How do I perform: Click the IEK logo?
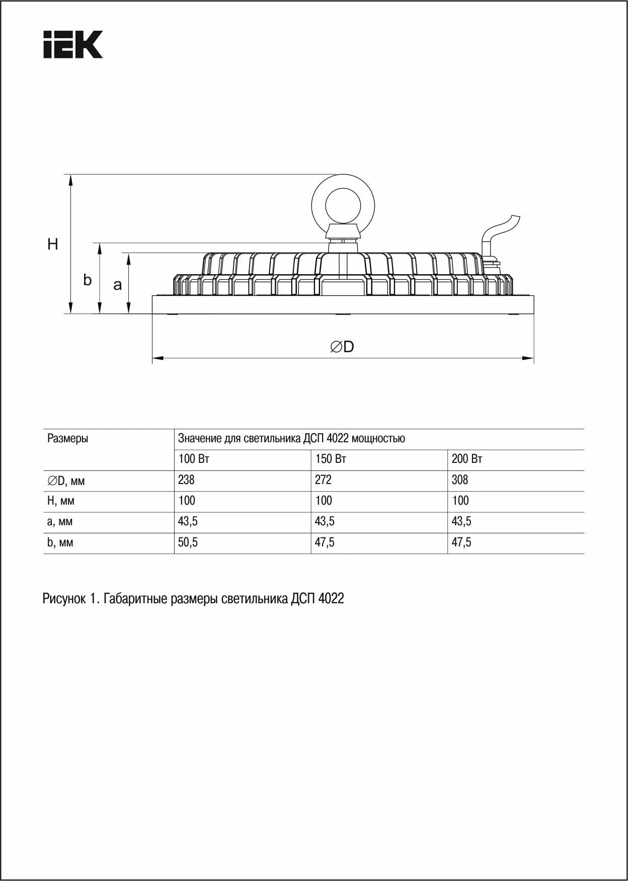point(73,44)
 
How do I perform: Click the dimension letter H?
point(53,245)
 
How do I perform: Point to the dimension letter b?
point(88,280)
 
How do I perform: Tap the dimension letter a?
point(117,285)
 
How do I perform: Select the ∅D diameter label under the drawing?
point(342,347)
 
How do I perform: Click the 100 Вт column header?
point(194,459)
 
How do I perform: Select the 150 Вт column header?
point(331,459)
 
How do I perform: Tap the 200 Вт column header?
point(467,459)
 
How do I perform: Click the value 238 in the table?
point(186,480)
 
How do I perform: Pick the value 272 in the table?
point(323,480)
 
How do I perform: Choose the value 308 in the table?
point(460,480)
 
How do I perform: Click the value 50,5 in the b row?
point(188,543)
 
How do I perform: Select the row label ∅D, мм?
point(66,481)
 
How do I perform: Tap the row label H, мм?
point(60,501)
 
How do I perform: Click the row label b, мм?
point(60,543)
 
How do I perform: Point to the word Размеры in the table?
point(67,438)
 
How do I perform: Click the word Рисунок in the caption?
point(63,599)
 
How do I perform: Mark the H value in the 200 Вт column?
point(460,501)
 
